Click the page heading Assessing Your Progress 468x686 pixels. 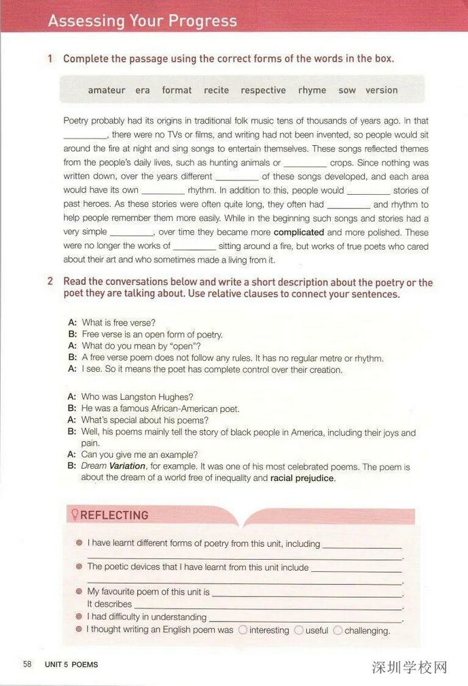point(142,21)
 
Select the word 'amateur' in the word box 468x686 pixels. point(107,90)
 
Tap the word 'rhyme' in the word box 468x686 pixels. point(312,90)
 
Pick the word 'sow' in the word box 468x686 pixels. point(347,90)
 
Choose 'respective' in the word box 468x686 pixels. point(263,90)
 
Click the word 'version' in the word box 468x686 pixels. point(382,90)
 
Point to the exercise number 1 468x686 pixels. point(50,59)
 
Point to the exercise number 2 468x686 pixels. point(50,281)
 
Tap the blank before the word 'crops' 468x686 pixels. point(305,164)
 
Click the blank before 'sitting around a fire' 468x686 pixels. point(194,247)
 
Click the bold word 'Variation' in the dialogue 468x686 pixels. point(127,466)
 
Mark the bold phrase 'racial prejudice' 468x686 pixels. point(302,478)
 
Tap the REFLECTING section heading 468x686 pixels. point(114,515)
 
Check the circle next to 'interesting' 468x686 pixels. point(242,630)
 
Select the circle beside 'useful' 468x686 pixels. point(298,630)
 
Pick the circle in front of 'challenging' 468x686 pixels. point(338,630)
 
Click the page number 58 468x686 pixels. point(27,664)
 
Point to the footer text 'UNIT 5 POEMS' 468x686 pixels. point(71,665)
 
